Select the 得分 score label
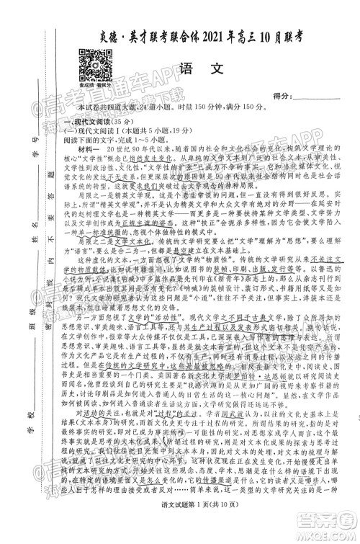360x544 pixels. tap(284, 97)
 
